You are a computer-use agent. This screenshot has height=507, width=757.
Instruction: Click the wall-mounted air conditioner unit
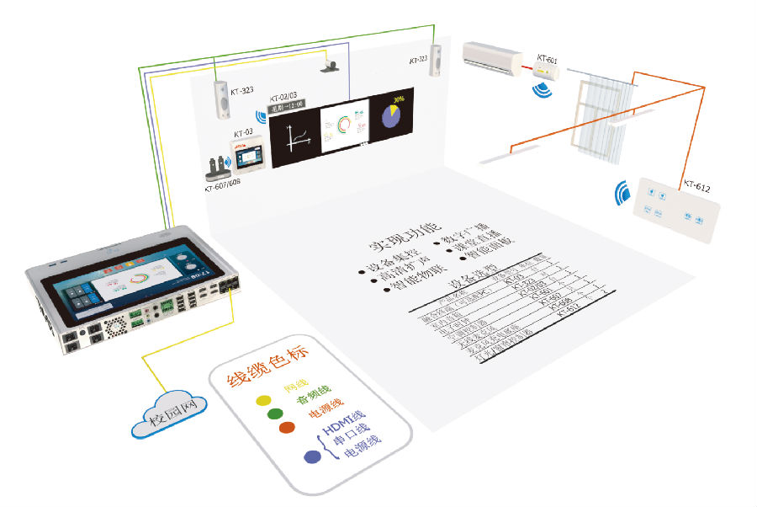click(x=492, y=57)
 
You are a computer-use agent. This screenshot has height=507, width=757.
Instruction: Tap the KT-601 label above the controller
click(x=547, y=61)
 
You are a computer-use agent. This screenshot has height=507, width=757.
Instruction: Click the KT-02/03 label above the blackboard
click(x=285, y=99)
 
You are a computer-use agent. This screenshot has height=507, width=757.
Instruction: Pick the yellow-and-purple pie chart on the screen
click(x=392, y=115)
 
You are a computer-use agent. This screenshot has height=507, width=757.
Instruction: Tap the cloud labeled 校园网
click(x=169, y=414)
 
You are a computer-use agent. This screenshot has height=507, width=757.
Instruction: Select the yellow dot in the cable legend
click(x=263, y=398)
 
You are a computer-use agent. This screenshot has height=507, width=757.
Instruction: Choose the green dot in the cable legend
click(x=274, y=414)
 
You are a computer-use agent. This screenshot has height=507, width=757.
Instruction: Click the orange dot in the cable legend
click(x=286, y=428)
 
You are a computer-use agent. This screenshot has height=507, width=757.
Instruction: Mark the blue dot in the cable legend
click(x=312, y=456)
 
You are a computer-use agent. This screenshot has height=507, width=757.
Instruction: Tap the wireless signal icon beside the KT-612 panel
click(x=623, y=193)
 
